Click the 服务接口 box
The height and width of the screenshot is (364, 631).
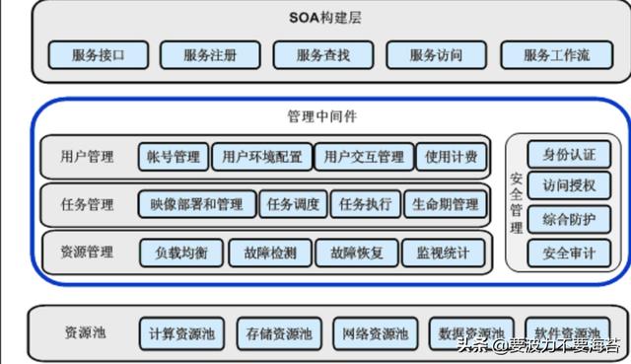pyautogui.click(x=98, y=55)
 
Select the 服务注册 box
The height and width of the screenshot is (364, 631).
pyautogui.click(x=209, y=55)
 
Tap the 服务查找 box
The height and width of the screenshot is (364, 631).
pyautogui.click(x=322, y=55)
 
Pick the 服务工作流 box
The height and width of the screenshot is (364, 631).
pyautogui.click(x=556, y=55)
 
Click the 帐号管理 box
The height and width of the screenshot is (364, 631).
pyautogui.click(x=174, y=156)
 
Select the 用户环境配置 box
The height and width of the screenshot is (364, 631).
pyautogui.click(x=261, y=156)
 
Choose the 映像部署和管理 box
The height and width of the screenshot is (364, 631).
pyautogui.click(x=196, y=204)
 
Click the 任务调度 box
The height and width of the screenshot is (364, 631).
pyautogui.click(x=293, y=204)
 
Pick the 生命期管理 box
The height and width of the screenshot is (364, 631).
pyautogui.click(x=445, y=204)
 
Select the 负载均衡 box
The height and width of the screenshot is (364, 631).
pyautogui.click(x=181, y=253)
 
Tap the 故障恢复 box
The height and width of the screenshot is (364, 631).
pyautogui.click(x=356, y=253)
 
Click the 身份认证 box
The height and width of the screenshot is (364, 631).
pyautogui.click(x=569, y=155)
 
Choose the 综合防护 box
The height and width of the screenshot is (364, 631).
pyautogui.click(x=569, y=219)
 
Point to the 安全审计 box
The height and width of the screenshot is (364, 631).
pyautogui.click(x=569, y=253)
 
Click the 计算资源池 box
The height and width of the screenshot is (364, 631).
pyautogui.click(x=182, y=332)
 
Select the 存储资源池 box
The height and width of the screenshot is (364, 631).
pyautogui.click(x=279, y=332)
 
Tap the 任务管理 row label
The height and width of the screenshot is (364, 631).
pyautogui.click(x=87, y=204)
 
